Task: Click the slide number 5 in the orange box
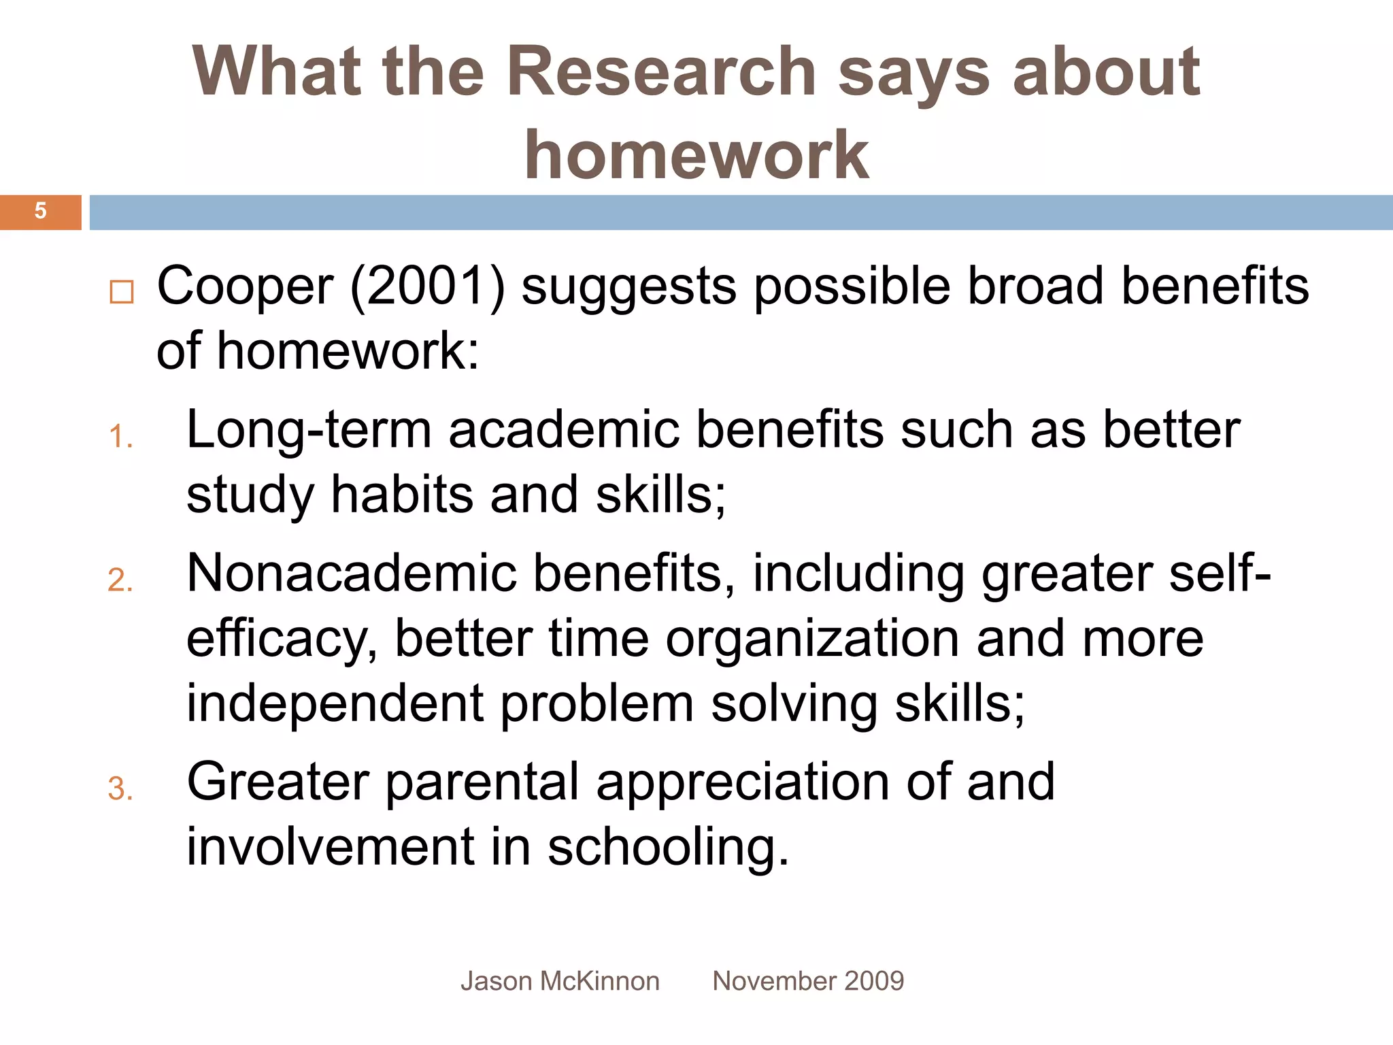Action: click(x=40, y=211)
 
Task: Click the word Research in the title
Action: click(x=661, y=71)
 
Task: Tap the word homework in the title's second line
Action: click(x=696, y=155)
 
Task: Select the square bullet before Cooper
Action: click(x=122, y=292)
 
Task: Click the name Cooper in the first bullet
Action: click(x=246, y=286)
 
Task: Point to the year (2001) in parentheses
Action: click(x=427, y=286)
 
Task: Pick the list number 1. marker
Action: click(x=120, y=437)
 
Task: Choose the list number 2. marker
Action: click(x=120, y=580)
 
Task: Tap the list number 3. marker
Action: click(x=120, y=789)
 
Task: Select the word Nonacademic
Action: click(x=351, y=574)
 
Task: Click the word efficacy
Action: click(x=282, y=640)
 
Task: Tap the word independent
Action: click(x=335, y=703)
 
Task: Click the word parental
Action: click(x=482, y=782)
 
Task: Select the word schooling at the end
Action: click(x=667, y=848)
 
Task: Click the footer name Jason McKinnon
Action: click(x=560, y=981)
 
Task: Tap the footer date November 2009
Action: click(x=808, y=981)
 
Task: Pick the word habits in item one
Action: click(x=401, y=495)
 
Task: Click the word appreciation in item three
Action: click(x=742, y=782)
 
